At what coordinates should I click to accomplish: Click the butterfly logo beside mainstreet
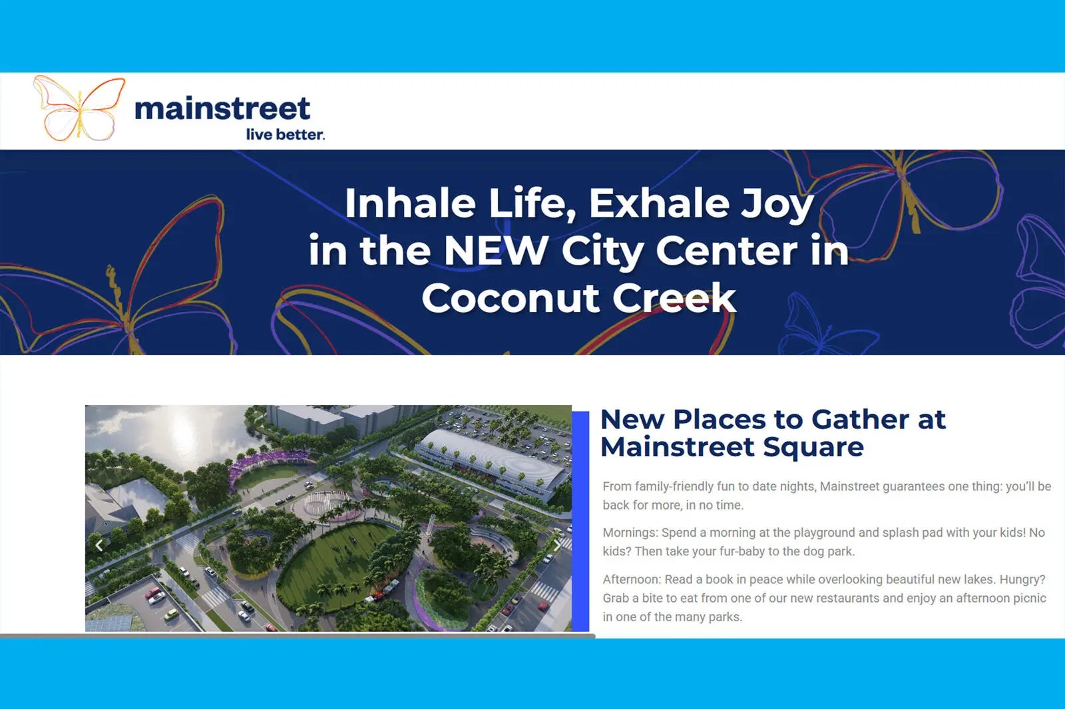point(79,108)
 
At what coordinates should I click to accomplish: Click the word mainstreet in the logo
point(222,108)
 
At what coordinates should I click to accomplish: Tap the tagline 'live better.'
point(286,134)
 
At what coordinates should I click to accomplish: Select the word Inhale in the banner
point(410,204)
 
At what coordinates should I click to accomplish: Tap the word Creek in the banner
point(674,298)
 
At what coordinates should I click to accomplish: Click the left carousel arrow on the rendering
point(99,545)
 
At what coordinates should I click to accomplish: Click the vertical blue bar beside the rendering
point(580,521)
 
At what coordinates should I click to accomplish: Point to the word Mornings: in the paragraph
point(630,533)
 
